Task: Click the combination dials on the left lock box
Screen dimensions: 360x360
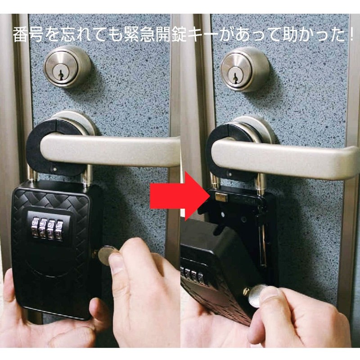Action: tap(47, 228)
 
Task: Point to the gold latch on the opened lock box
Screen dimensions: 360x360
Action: tap(220, 197)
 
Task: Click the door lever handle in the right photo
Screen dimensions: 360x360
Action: tap(288, 155)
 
